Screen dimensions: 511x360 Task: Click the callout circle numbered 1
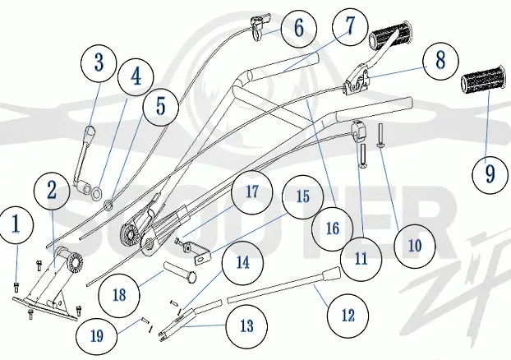point(16,225)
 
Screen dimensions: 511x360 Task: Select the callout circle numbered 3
point(99,62)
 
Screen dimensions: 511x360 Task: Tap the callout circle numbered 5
point(160,107)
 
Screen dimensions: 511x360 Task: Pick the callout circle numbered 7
point(350,26)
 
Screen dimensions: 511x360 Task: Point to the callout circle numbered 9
point(490,175)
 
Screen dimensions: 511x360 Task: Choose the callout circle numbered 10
point(415,247)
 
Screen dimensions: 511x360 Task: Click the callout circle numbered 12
point(348,316)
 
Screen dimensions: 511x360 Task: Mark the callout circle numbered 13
point(246,325)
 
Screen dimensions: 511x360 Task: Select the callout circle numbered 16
point(333,228)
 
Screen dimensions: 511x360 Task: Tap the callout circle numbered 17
point(251,192)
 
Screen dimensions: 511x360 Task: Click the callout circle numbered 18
point(119,295)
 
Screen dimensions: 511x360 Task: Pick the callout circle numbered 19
point(97,336)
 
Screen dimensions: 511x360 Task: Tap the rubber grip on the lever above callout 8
point(390,34)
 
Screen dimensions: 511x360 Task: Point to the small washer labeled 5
point(108,205)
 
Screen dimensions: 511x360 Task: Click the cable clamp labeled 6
point(260,27)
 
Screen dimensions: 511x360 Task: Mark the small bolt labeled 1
point(16,288)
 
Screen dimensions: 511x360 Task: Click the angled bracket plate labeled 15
point(202,256)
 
